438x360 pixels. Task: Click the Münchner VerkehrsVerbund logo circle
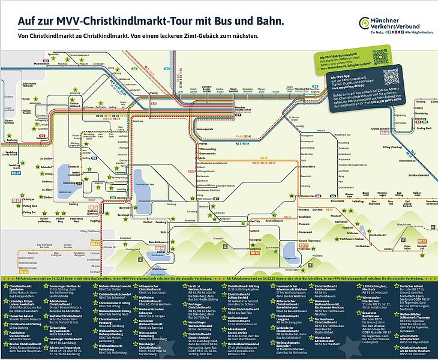[x=365, y=23]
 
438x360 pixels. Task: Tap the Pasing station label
[x=153, y=93]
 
